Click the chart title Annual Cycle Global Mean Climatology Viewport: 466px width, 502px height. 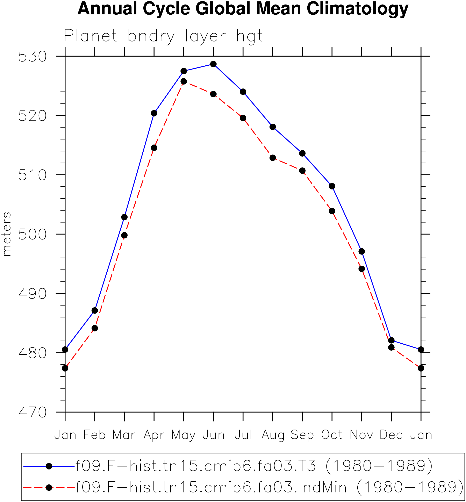pyautogui.click(x=243, y=9)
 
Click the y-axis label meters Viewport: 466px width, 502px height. pyautogui.click(x=7, y=234)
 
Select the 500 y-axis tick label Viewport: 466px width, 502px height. pyautogui.click(x=33, y=235)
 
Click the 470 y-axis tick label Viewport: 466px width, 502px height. pyautogui.click(x=33, y=413)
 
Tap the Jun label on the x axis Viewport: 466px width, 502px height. pyautogui.click(x=213, y=435)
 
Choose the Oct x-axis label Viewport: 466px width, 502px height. pyautogui.click(x=332, y=435)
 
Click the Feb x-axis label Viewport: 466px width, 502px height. pyautogui.click(x=95, y=435)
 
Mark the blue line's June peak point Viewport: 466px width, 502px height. pyautogui.click(x=213, y=64)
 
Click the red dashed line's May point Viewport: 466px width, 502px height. pyautogui.click(x=184, y=81)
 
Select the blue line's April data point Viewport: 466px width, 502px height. pyautogui.click(x=154, y=113)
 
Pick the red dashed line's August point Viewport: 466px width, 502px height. pyautogui.click(x=273, y=158)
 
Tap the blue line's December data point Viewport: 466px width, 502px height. pyautogui.click(x=391, y=340)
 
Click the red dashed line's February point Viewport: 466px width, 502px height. pyautogui.click(x=95, y=328)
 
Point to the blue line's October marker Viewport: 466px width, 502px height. pyautogui.click(x=332, y=186)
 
